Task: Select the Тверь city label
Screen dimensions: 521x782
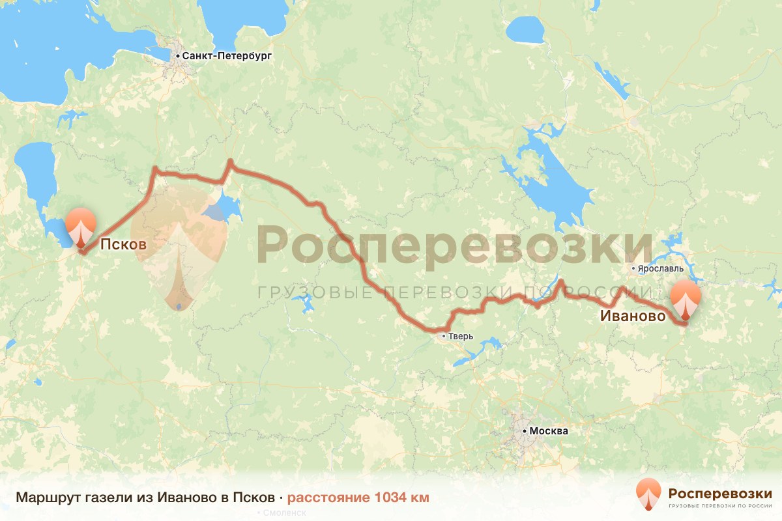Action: click(x=461, y=337)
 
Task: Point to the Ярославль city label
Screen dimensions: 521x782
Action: click(x=661, y=268)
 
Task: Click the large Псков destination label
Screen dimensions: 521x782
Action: click(x=121, y=245)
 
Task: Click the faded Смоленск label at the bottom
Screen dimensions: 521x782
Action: click(x=285, y=513)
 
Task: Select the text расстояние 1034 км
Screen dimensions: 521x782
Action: click(x=358, y=498)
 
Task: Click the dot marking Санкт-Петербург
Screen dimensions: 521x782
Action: click(x=178, y=57)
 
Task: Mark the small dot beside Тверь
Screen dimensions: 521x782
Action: click(x=444, y=337)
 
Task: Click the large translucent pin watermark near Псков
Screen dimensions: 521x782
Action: click(x=179, y=254)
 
